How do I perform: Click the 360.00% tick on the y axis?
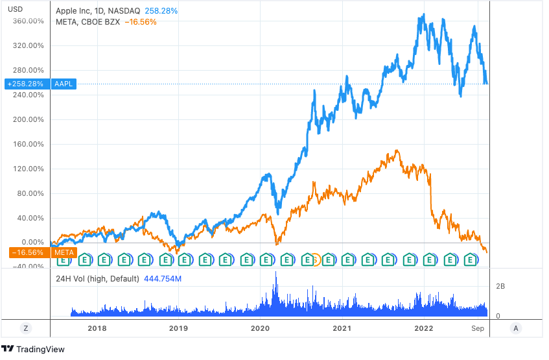(27, 21)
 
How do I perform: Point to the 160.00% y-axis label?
(27, 144)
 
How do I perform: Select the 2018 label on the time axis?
(97, 329)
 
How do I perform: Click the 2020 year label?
(260, 329)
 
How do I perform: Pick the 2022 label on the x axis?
(423, 329)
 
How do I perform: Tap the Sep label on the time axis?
(478, 329)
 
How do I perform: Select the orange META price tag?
(64, 252)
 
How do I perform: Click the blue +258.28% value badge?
(25, 84)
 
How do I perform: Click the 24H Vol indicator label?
(97, 279)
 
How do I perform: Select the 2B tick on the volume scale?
(501, 286)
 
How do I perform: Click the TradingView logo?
(33, 349)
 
